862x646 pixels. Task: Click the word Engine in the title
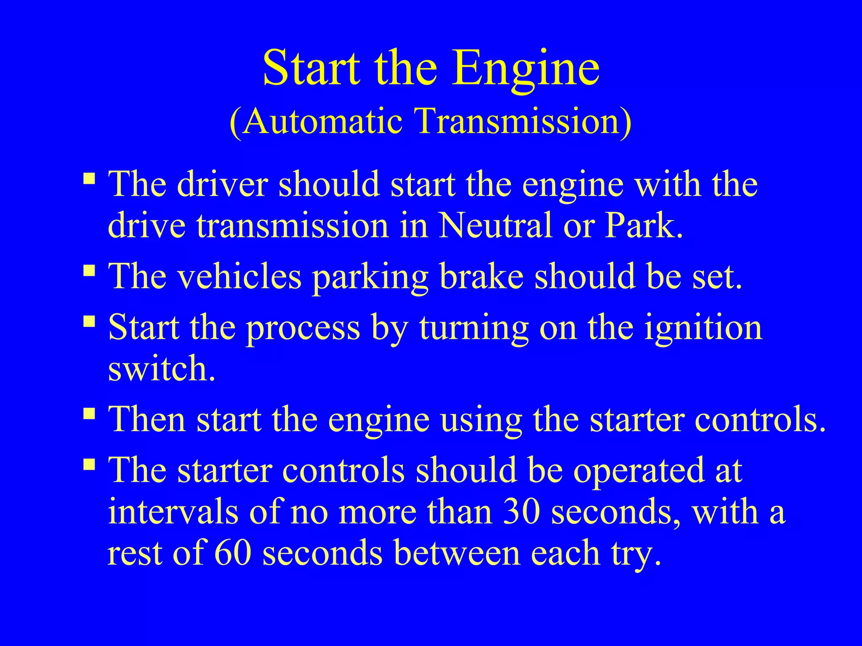point(526,69)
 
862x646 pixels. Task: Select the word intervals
point(173,512)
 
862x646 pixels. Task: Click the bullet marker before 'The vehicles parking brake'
point(89,271)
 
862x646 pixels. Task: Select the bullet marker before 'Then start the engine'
point(89,414)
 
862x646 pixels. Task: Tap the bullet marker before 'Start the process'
point(89,322)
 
